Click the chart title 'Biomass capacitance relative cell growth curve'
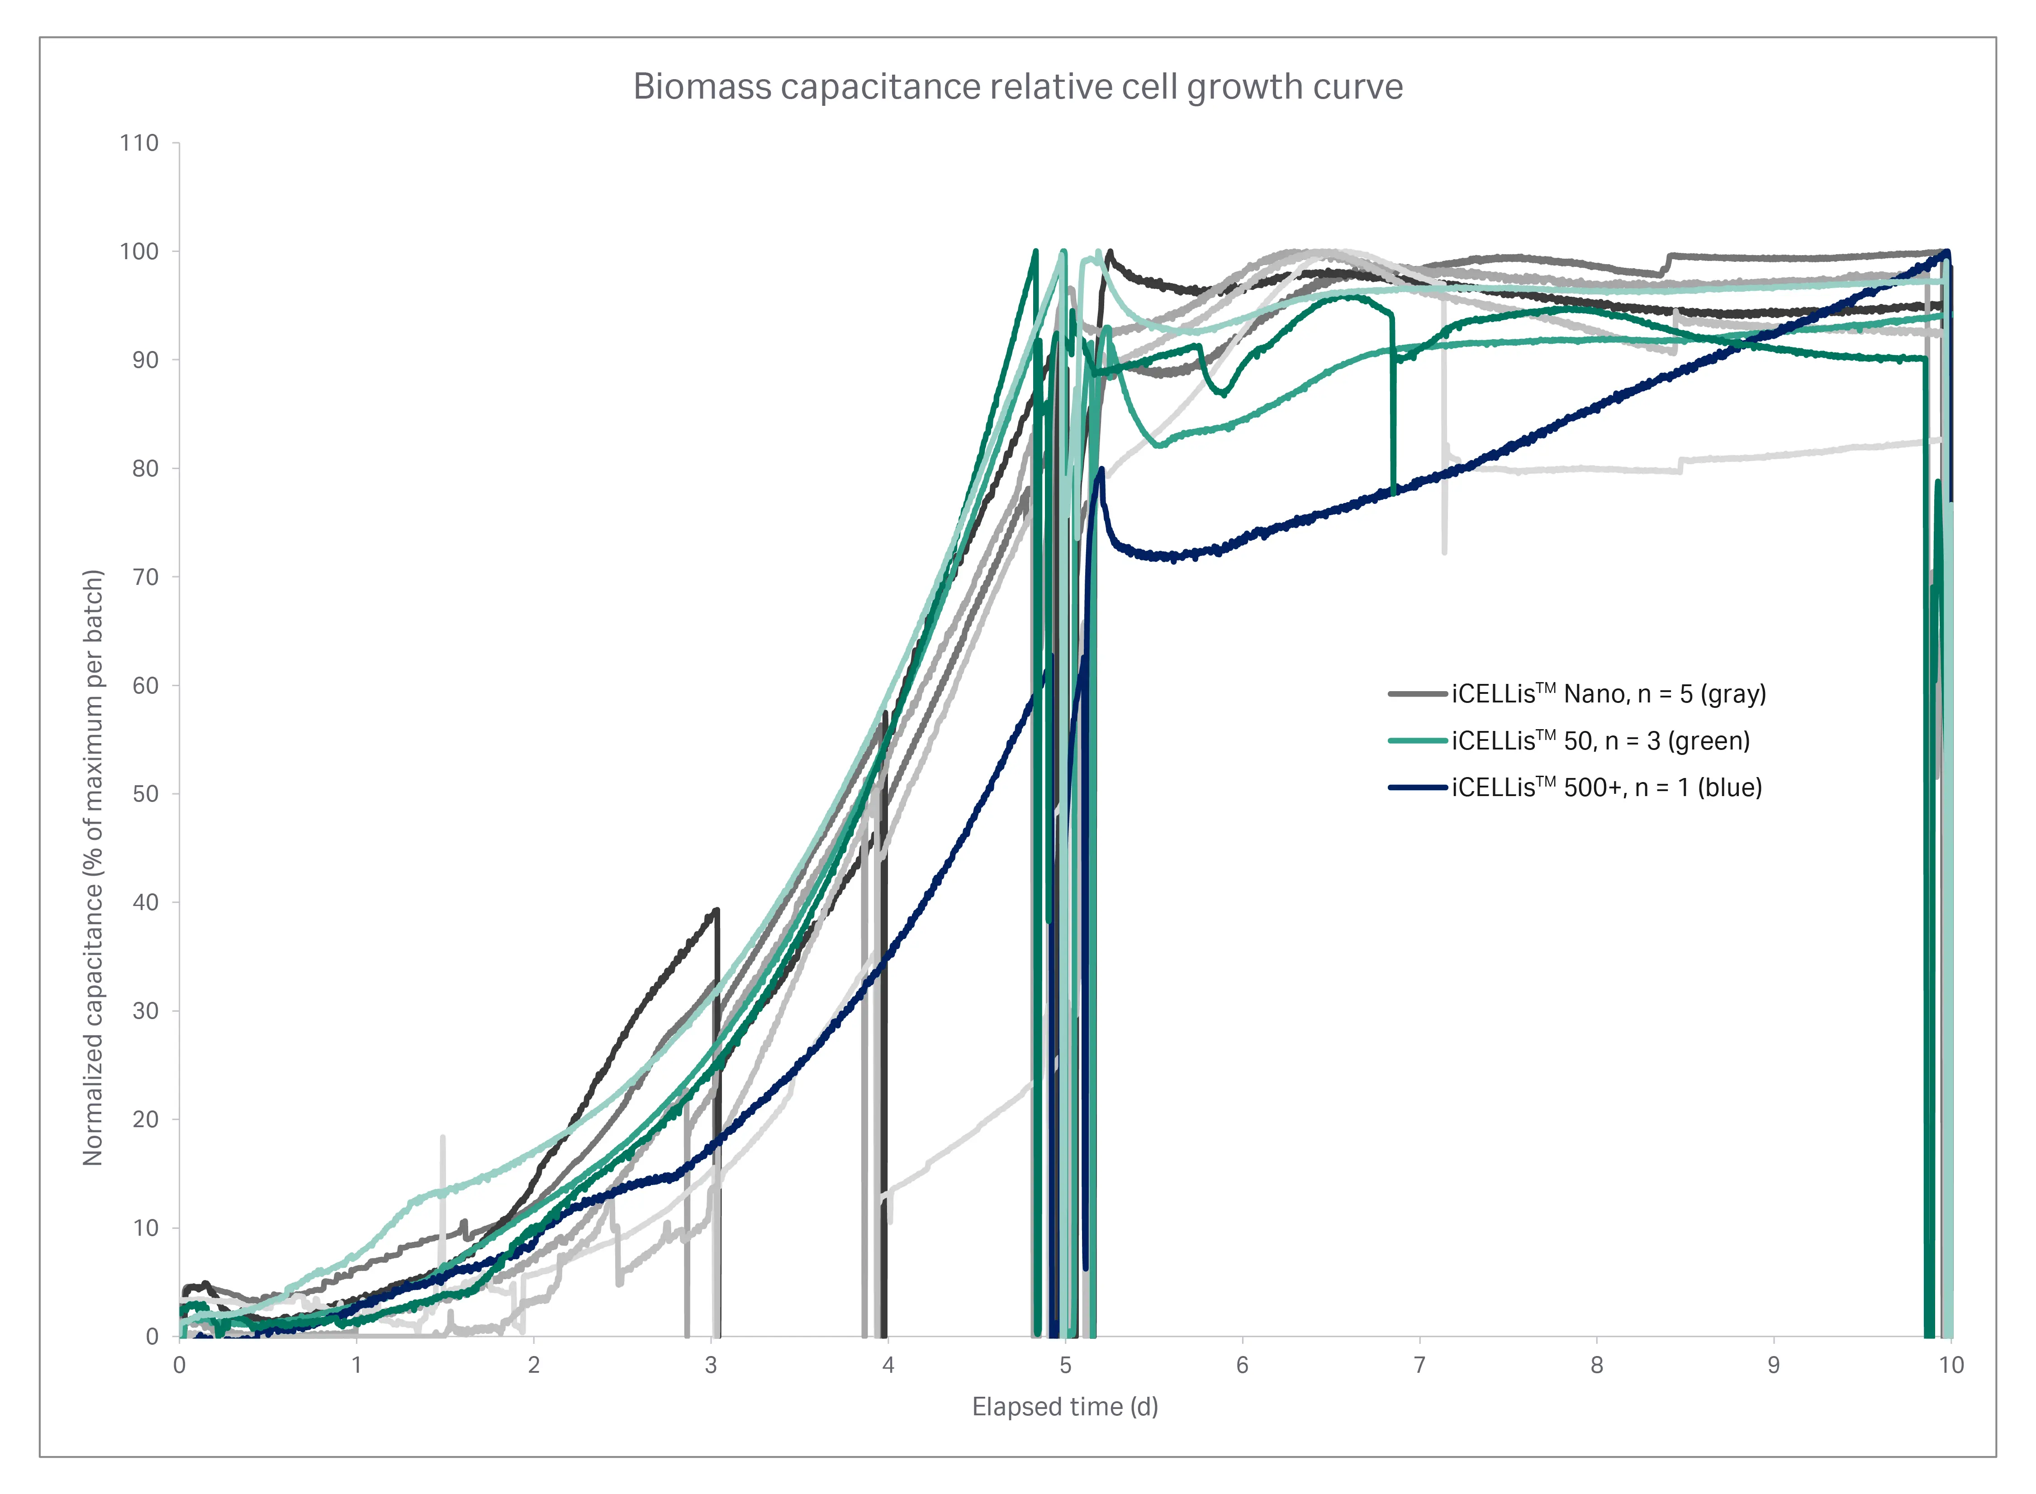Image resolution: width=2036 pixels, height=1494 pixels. (1018, 87)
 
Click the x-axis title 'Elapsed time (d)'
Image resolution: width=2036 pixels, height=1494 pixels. (1064, 1406)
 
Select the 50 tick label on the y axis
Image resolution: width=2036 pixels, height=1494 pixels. (145, 794)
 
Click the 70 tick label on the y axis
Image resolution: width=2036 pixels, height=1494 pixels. (145, 577)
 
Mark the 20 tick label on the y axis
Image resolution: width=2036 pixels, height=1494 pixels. (145, 1119)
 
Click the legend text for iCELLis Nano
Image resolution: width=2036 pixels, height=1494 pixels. (1608, 694)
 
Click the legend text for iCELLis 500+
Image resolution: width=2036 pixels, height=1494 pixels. (1606, 787)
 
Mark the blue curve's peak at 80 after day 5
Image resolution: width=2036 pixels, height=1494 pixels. (1101, 470)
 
